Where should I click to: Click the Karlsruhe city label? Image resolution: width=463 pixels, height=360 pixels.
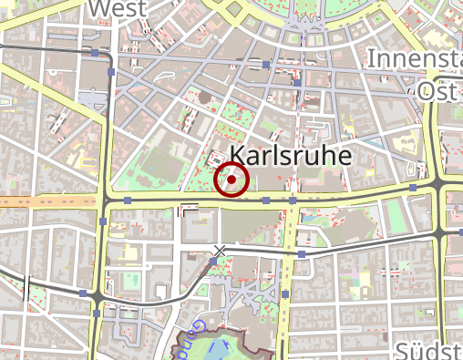(x=291, y=156)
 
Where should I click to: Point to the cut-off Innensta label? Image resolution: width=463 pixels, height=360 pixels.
(x=414, y=59)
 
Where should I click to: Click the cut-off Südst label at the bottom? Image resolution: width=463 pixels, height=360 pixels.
(x=428, y=352)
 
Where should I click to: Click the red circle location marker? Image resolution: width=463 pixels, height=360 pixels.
(x=231, y=180)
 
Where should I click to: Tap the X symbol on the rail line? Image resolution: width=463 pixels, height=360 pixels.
(x=219, y=250)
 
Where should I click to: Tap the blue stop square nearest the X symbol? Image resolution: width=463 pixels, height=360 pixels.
(x=213, y=262)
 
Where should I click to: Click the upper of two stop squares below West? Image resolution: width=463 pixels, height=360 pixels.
(x=95, y=53)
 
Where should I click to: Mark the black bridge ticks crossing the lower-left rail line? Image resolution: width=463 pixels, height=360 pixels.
(x=26, y=286)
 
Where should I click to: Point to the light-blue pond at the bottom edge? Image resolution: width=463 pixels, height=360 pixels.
(x=219, y=349)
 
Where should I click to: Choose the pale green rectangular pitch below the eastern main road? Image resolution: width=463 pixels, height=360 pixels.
(x=395, y=215)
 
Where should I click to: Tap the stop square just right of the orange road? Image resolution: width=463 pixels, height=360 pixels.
(x=129, y=200)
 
